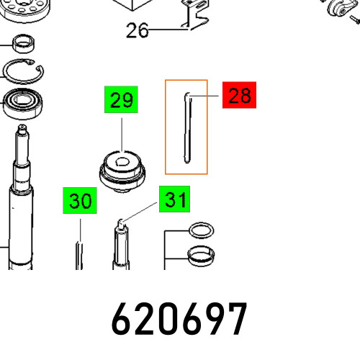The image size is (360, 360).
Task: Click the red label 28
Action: coord(239,95)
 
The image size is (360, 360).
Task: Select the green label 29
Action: coord(121,99)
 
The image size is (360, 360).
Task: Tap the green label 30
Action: coord(80,201)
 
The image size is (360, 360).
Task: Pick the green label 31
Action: coord(174,199)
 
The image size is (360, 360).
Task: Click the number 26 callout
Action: coord(138,30)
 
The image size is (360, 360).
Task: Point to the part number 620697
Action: coord(179,319)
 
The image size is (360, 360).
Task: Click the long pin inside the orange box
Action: coord(187,128)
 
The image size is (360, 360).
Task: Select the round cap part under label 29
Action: coord(122,171)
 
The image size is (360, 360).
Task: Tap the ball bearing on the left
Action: coord(23,104)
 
